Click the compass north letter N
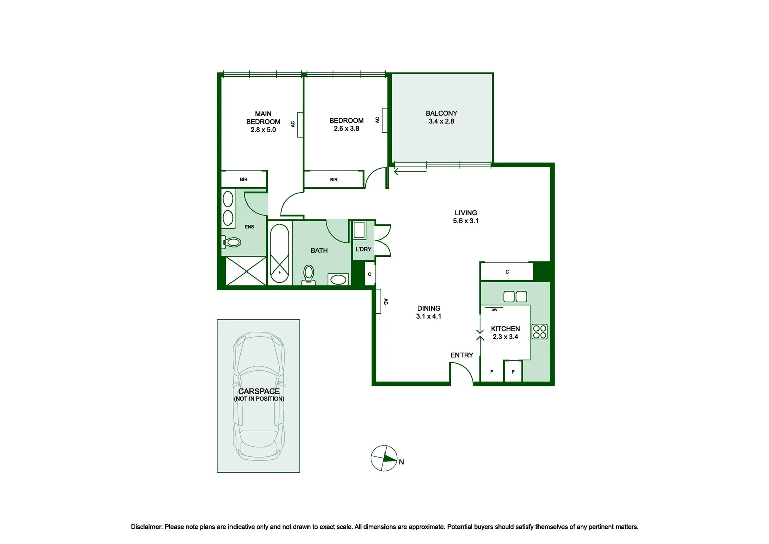[401, 462]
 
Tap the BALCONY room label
[441, 113]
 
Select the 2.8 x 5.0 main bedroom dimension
[263, 130]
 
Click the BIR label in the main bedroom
[244, 179]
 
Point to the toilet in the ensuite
[231, 242]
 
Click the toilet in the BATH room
[309, 275]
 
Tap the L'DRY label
[363, 249]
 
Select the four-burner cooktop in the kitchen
[540, 331]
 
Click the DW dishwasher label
[494, 310]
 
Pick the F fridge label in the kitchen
[492, 372]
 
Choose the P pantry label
[513, 372]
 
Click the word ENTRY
[462, 355]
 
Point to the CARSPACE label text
[259, 391]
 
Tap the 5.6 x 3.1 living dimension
[466, 221]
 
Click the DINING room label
[429, 308]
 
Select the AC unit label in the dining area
[386, 301]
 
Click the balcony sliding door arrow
[410, 171]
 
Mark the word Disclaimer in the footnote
[146, 527]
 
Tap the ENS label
[249, 227]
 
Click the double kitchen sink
[515, 297]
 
